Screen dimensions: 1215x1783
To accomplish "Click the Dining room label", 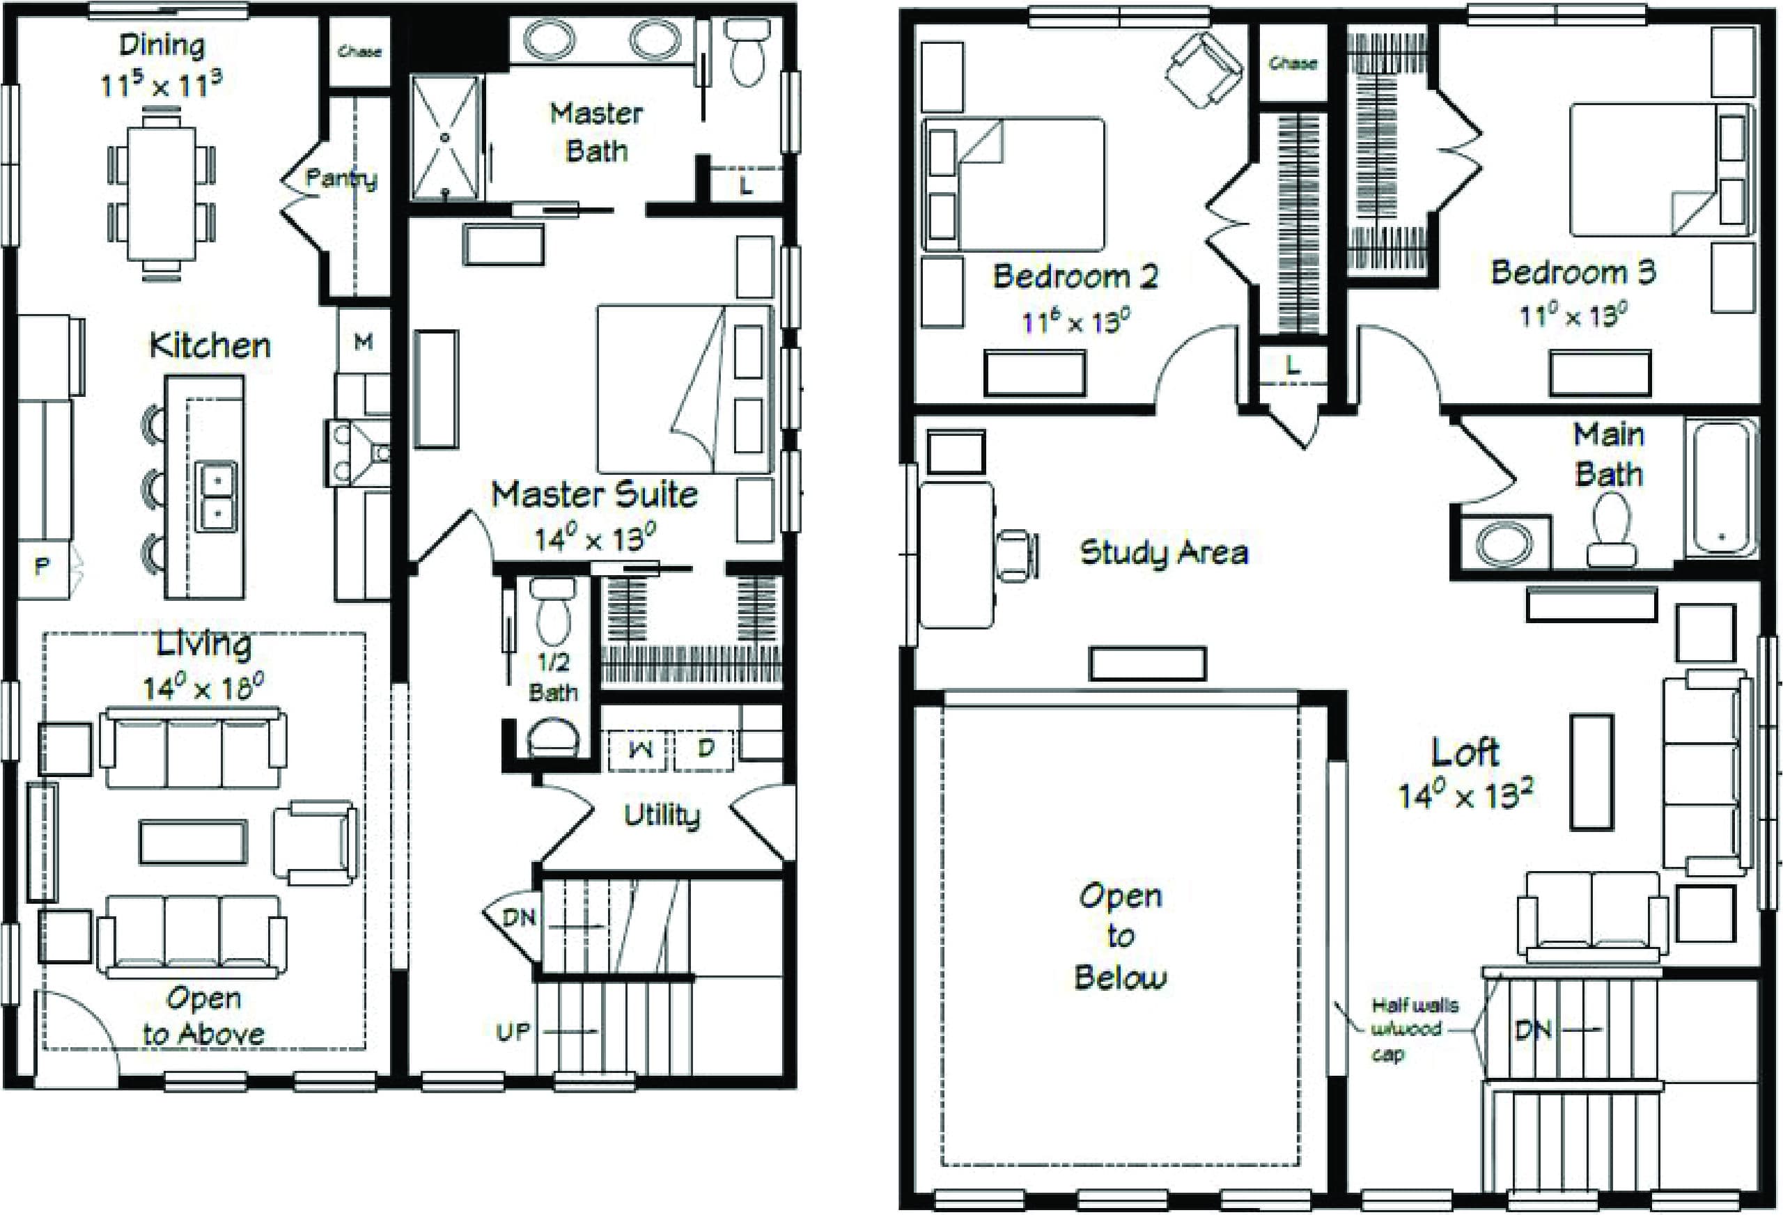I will pyautogui.click(x=162, y=46).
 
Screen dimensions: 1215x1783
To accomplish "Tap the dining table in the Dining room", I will pyautogui.click(x=161, y=194).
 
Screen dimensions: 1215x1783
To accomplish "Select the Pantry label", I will pyautogui.click(x=341, y=179).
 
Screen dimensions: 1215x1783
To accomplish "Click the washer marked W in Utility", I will pyautogui.click(x=641, y=750).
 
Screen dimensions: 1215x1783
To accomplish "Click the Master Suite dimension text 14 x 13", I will pyautogui.click(x=595, y=538).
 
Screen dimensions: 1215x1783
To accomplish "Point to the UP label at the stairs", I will pyautogui.click(x=513, y=1033).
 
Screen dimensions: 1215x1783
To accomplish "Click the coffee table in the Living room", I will pyautogui.click(x=194, y=842).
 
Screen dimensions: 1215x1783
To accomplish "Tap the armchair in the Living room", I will pyautogui.click(x=315, y=842).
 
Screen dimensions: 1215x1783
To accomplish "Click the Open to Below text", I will pyautogui.click(x=1120, y=936).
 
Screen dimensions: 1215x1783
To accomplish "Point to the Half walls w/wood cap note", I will pyautogui.click(x=1414, y=1028).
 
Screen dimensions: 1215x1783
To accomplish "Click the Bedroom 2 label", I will pyautogui.click(x=1074, y=276).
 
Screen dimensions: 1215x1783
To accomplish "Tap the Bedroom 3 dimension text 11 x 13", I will pyautogui.click(x=1573, y=315).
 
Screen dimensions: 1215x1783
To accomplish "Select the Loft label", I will pyautogui.click(x=1465, y=752).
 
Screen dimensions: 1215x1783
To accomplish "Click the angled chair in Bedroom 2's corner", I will pyautogui.click(x=1203, y=69).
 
